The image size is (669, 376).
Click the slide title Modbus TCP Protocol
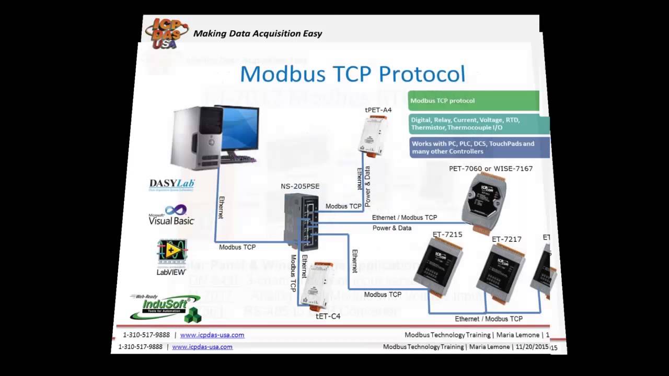352,74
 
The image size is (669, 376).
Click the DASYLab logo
171,184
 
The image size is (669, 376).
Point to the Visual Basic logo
171,215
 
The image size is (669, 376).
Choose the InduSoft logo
165,307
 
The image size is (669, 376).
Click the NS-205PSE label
300,186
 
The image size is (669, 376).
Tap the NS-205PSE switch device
301,222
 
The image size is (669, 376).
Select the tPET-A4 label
378,110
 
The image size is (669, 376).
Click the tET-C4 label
328,316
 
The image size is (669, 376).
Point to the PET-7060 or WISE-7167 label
491,169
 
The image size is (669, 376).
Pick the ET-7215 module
439,266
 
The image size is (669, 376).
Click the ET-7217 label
506,239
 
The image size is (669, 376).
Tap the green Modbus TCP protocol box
473,101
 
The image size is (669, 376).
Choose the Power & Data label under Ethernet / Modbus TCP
391,228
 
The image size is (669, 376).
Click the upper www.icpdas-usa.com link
212,335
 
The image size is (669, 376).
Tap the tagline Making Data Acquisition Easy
258,34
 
